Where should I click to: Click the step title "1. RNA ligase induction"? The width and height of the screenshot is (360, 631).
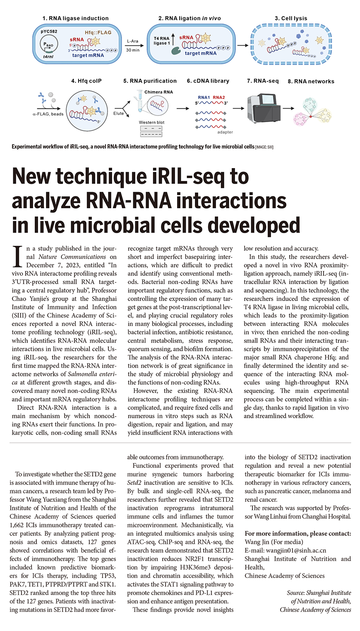tap(75, 18)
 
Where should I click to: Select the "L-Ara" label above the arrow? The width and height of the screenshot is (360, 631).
tap(132, 41)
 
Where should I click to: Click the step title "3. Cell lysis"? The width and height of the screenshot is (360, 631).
tap(291, 18)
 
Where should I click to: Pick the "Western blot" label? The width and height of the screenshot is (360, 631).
tap(151, 123)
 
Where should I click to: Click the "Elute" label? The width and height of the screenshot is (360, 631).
tap(119, 113)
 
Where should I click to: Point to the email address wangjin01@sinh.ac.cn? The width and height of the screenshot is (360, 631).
tap(286, 551)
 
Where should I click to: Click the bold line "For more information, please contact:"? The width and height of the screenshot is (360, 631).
tap(298, 534)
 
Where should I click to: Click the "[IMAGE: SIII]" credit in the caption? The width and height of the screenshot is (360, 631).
tap(264, 147)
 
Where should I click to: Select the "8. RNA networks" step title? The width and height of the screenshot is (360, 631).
tap(311, 81)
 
